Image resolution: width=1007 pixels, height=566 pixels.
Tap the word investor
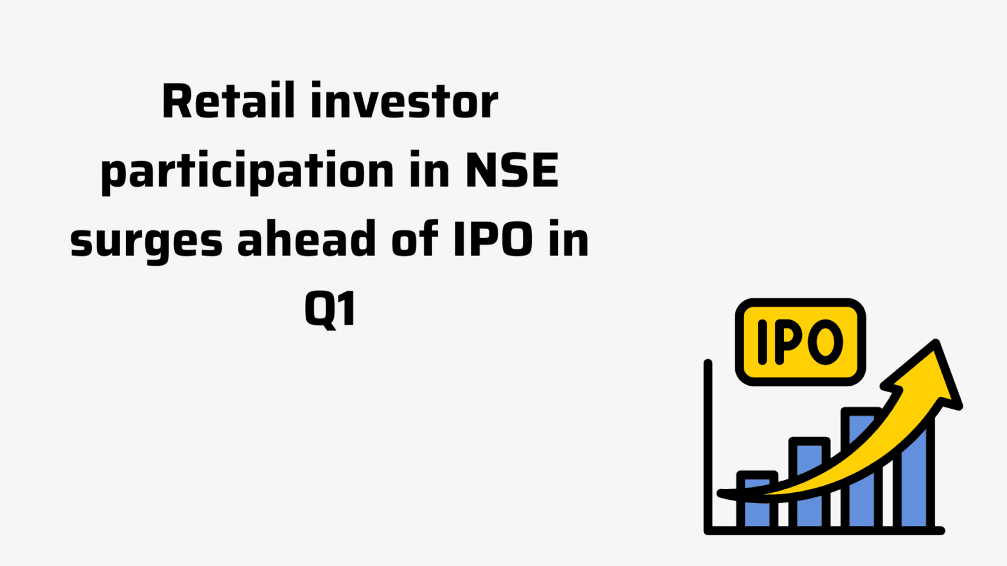(405, 101)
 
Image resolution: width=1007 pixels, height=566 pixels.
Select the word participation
(247, 173)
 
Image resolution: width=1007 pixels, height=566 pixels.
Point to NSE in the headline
(512, 170)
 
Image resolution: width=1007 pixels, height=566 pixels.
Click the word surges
(146, 243)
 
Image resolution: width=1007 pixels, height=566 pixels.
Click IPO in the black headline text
(494, 239)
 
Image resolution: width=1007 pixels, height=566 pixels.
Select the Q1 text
(330, 309)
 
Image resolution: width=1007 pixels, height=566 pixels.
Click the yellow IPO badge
(800, 342)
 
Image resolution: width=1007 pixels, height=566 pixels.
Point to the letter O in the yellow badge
(825, 342)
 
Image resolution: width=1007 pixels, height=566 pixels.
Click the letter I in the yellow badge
(762, 342)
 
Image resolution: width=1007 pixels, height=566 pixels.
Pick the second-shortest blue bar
(809, 483)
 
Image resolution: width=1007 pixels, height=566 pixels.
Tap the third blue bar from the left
(861, 468)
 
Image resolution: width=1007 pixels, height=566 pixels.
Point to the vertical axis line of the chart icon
(708, 447)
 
